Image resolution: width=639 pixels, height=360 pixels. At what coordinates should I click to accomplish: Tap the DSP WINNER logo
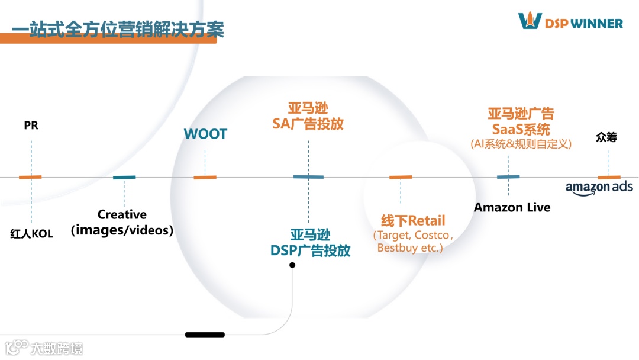coord(570,22)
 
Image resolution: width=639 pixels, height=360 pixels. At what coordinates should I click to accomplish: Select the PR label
coord(31,126)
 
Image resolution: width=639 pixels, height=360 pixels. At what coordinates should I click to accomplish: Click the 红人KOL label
coord(31,234)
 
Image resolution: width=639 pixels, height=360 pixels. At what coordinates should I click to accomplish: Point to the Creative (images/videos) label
coord(122,222)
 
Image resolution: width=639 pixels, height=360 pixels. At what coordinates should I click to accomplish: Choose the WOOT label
coord(205,134)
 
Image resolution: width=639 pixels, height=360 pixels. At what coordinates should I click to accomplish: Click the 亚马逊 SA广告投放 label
coord(308,116)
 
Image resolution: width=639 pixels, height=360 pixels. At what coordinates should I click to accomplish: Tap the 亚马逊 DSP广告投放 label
coord(310,243)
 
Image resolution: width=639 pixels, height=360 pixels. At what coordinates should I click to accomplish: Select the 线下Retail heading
coord(412,221)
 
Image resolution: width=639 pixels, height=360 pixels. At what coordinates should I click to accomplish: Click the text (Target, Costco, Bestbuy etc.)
coord(412,242)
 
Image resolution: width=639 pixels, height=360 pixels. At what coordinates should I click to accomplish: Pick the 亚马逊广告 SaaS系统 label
coord(521,121)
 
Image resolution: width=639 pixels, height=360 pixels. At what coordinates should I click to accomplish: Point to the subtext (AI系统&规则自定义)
coord(521,144)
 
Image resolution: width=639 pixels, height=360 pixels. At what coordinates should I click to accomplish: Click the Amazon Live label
coord(512,207)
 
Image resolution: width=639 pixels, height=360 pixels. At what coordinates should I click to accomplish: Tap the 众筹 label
coord(606,137)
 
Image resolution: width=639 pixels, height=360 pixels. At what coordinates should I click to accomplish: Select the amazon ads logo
coord(599,188)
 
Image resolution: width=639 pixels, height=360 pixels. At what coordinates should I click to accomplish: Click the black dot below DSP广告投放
coord(292,265)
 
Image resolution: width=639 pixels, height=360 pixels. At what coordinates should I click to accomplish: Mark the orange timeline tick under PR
coord(30,177)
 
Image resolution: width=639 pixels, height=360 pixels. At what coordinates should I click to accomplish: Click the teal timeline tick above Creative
coord(124,177)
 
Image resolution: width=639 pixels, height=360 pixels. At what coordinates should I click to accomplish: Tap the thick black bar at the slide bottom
coord(205,335)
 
